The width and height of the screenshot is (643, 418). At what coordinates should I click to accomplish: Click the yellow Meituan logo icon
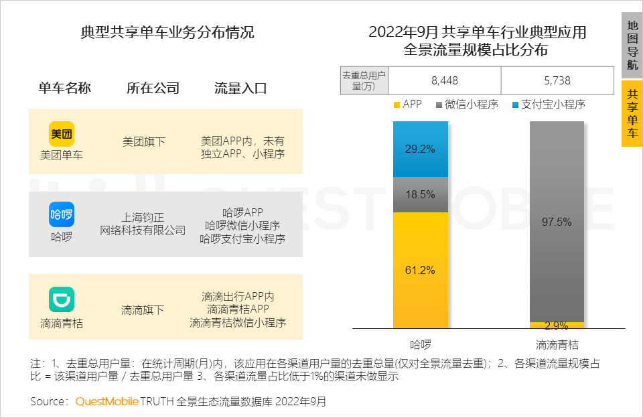click(62, 133)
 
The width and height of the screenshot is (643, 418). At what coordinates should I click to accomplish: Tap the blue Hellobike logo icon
click(62, 214)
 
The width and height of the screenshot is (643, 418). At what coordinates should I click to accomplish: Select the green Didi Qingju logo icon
click(62, 299)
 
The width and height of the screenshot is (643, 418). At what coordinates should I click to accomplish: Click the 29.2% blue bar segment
click(420, 149)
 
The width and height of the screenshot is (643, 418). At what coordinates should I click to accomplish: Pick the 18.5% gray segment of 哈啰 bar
click(420, 195)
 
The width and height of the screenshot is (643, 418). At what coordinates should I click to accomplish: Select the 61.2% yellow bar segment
click(420, 270)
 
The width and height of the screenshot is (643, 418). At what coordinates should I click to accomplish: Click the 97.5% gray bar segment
click(557, 222)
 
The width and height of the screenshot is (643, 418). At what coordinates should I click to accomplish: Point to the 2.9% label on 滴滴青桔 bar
click(557, 326)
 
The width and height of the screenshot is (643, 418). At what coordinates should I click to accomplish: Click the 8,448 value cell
click(445, 80)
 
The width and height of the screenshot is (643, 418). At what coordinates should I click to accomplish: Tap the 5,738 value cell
click(557, 80)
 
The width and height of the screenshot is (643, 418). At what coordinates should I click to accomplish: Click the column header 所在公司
click(153, 88)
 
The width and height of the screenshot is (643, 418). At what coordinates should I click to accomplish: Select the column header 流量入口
click(240, 88)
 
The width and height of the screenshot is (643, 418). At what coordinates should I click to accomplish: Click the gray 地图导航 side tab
click(632, 46)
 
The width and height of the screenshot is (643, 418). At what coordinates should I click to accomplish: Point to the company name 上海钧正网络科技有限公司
click(143, 224)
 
